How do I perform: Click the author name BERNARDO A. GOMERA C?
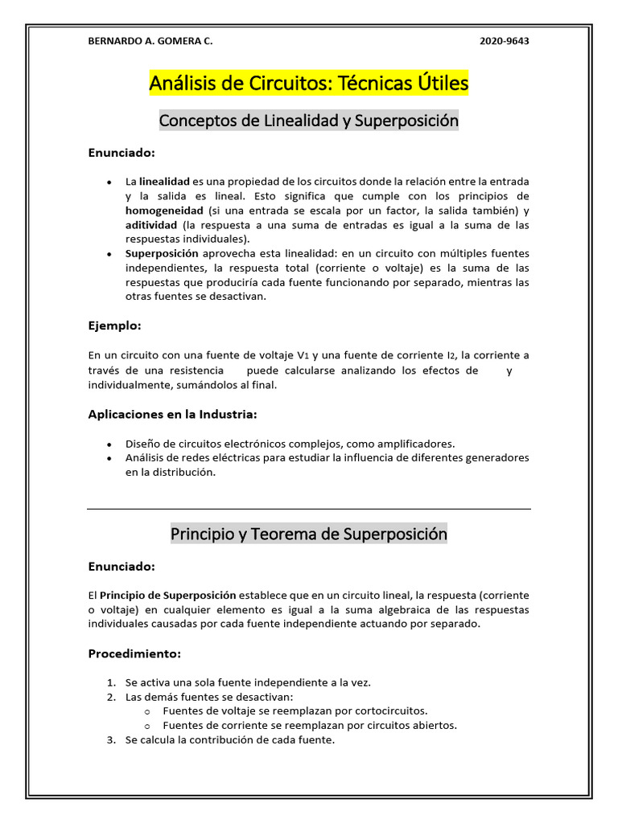(x=150, y=42)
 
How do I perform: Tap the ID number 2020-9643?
(x=505, y=42)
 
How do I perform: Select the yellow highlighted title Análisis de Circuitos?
(x=308, y=83)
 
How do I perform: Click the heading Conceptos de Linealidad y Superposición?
(x=308, y=121)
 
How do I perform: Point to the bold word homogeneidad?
(x=164, y=211)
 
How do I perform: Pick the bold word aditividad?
(x=150, y=225)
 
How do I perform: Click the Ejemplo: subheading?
(x=114, y=326)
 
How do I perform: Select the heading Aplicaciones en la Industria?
(x=172, y=414)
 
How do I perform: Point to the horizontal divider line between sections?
(x=308, y=509)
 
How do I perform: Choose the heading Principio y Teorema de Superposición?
(x=308, y=534)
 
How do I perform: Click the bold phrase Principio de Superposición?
(x=167, y=596)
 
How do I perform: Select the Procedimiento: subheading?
(x=134, y=653)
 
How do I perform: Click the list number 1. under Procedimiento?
(x=112, y=682)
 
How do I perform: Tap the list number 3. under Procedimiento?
(x=112, y=740)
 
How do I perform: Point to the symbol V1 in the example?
(x=303, y=355)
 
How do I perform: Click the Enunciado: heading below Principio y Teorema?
(x=121, y=567)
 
